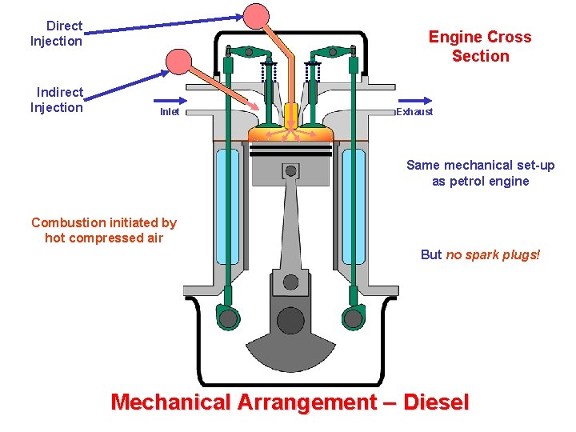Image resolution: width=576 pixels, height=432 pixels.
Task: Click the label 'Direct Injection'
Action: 57,34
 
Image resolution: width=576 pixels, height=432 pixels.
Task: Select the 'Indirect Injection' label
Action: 57,100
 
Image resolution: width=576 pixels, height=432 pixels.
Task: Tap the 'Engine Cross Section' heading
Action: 480,46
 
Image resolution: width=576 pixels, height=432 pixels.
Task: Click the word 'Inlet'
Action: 170,112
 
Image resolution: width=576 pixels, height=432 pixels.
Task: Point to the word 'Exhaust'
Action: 414,112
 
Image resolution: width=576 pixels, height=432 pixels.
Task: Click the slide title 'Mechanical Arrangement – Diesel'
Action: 290,402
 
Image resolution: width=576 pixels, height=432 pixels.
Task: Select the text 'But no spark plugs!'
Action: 480,254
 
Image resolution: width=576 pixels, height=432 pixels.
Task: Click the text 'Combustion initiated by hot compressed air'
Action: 104,230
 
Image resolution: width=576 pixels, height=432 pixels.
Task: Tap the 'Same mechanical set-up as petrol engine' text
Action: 480,173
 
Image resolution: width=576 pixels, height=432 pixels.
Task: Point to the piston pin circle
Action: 290,170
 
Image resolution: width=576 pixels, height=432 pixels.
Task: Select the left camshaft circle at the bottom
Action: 228,318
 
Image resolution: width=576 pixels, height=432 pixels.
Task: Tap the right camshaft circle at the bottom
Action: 353,318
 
